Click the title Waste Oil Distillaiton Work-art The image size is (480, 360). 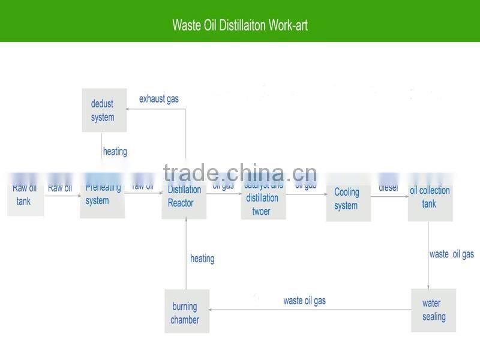point(240,25)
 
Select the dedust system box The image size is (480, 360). point(104,110)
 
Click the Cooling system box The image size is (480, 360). point(348,200)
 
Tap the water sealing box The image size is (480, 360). point(433,310)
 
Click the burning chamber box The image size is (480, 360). point(187,311)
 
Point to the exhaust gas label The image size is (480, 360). point(159,98)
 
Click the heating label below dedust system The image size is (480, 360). point(115,151)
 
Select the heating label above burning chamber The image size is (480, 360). point(202,259)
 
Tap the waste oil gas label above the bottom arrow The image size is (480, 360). point(304,301)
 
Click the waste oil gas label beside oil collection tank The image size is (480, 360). point(451,254)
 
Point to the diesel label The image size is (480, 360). point(388,188)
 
